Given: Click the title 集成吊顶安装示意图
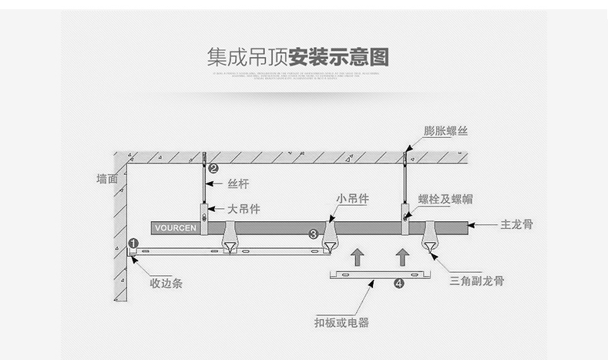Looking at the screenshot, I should click(297, 58).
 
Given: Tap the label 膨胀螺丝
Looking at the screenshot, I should click(446, 131).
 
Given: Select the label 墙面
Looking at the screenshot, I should click(107, 179).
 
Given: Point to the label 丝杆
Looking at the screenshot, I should click(238, 185).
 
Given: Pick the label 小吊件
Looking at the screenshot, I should click(352, 199).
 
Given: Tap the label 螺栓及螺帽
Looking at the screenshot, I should click(445, 200).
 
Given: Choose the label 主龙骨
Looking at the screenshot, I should click(516, 226).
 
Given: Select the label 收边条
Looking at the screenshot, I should click(166, 283).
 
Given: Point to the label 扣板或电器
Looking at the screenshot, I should click(341, 322).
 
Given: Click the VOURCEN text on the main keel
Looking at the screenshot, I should click(176, 228).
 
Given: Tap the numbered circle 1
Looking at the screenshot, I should click(133, 244).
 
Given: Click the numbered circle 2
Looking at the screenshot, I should click(214, 167).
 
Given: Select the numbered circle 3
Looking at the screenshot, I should click(313, 234).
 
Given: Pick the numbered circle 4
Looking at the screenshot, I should click(398, 284).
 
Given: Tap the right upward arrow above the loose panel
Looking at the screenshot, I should click(401, 256).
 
